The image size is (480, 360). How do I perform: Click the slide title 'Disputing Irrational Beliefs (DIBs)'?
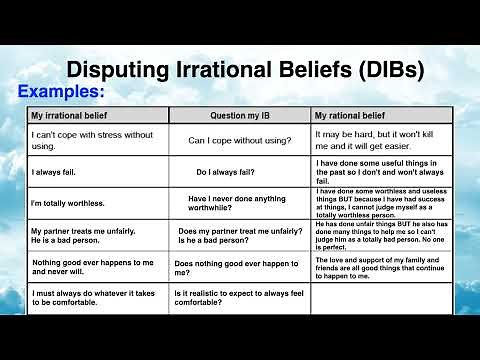[245, 70]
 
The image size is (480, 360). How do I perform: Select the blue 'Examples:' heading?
[61, 91]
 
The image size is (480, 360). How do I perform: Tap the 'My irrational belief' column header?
[68, 116]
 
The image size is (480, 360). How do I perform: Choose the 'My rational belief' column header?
[352, 116]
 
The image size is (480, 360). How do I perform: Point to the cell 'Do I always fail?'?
[230, 172]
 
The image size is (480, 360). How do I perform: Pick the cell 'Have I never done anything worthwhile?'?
[237, 203]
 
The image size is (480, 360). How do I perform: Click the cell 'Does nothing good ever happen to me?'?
[236, 268]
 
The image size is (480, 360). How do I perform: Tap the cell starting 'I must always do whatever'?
[92, 299]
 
